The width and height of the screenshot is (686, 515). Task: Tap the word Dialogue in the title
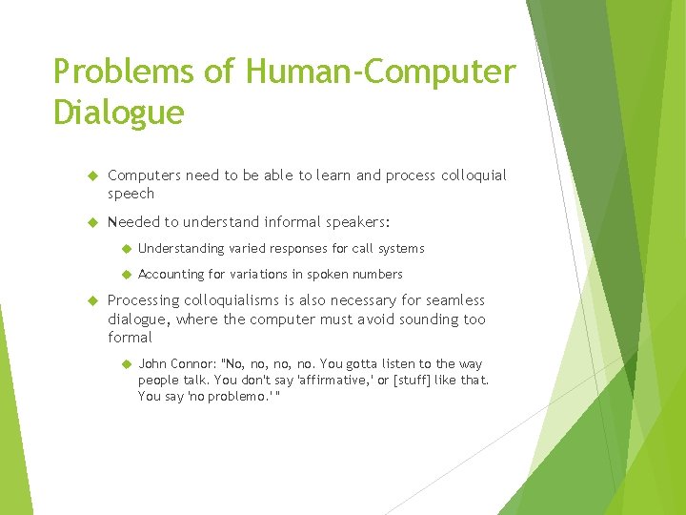[119, 113]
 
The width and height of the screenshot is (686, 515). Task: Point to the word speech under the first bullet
[131, 194]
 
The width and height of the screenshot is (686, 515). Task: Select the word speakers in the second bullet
[352, 222]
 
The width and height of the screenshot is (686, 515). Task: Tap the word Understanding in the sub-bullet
[182, 249]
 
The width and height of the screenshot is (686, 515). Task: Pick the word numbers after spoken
[377, 275]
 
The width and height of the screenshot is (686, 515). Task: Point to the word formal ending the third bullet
[130, 338]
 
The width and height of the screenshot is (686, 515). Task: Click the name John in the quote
[152, 364]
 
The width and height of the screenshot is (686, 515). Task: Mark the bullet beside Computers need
[93, 175]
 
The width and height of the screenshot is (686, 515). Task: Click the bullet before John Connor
[124, 364]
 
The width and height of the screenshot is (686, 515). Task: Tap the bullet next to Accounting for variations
[124, 275]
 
